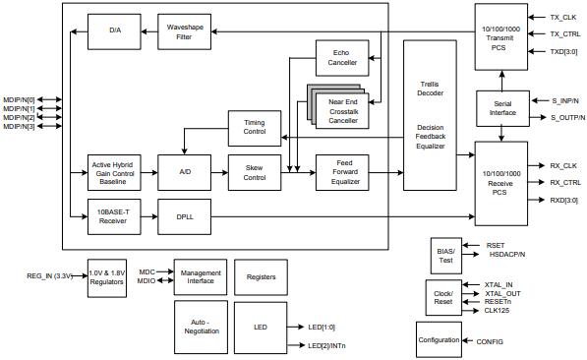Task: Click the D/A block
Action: pos(113,31)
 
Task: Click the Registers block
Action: pos(261,277)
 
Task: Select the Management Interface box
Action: pos(202,277)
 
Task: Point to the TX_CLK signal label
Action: pos(563,17)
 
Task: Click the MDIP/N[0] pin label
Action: pos(19,99)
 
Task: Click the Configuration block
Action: pos(439,340)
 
